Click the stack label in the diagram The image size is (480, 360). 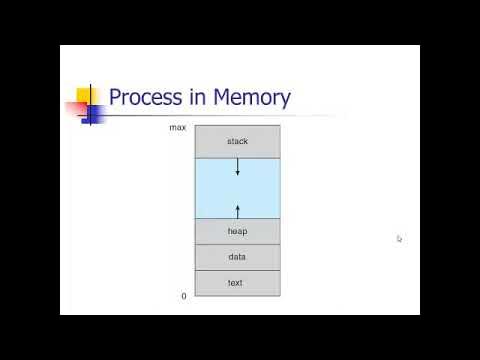[x=237, y=141]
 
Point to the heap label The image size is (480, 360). [x=237, y=231]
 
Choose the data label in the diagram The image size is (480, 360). [x=237, y=257]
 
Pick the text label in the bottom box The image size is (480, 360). [x=237, y=283]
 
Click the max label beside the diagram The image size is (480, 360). [x=177, y=127]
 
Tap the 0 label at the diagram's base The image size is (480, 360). [x=183, y=296]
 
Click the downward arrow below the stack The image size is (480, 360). [x=238, y=168]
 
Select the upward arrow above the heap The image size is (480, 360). [x=238, y=209]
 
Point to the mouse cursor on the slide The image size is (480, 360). [x=399, y=239]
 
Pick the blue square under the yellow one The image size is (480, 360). [x=91, y=112]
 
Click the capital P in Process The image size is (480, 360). [x=115, y=98]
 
